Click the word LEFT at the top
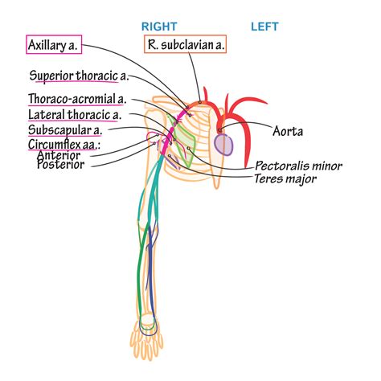coord(264,26)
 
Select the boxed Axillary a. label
coord(53,46)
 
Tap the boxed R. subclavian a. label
coord(185,46)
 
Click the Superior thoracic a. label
coord(79,77)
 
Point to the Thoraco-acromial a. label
coord(76,100)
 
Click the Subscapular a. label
coord(63,130)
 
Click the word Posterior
coord(63,166)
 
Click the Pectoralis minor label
coord(298,166)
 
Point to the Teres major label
coord(285,179)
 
